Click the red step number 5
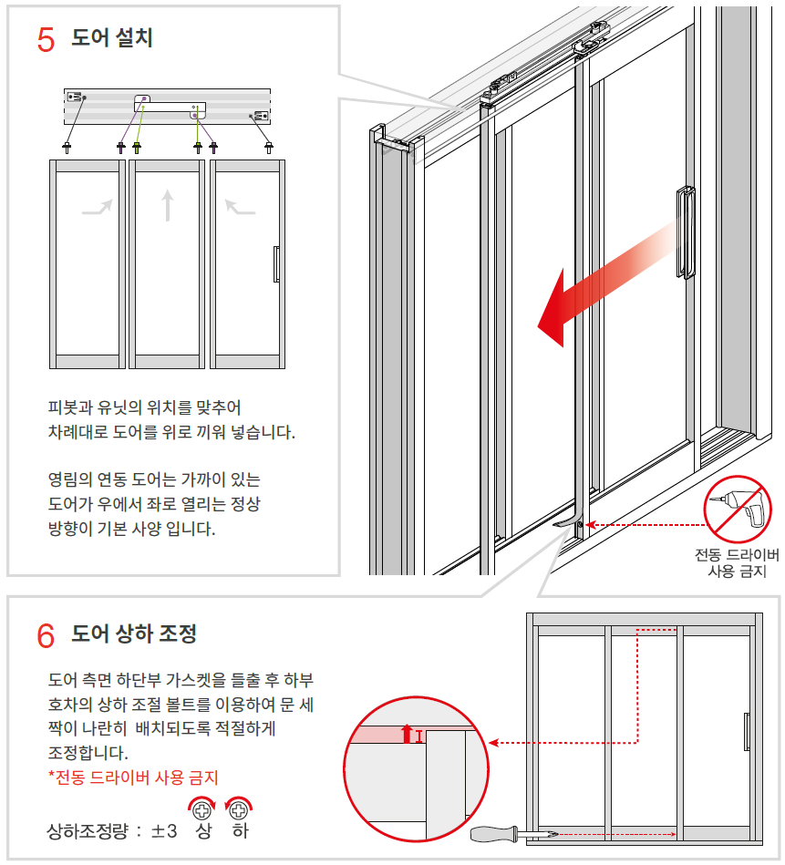[46, 40]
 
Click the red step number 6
[46, 635]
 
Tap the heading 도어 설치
[112, 37]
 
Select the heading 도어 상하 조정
[134, 633]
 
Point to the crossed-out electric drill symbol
[737, 510]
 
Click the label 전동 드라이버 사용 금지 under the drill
[737, 562]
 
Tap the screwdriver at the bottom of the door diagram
[514, 834]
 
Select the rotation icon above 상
[202, 808]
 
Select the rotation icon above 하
[239, 808]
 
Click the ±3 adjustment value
[164, 830]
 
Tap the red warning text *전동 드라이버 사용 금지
[133, 777]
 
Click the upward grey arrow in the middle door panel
[168, 205]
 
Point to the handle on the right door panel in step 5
[276, 264]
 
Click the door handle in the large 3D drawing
[686, 232]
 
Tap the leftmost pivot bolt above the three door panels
[67, 147]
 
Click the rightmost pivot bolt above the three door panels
[269, 147]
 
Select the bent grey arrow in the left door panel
[98, 208]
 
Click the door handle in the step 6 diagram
[747, 732]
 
